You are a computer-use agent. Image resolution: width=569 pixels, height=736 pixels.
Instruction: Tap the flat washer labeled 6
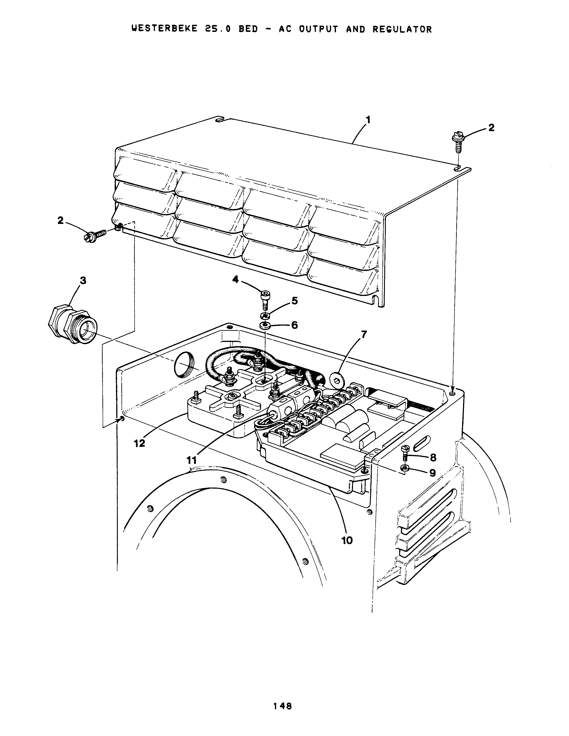click(265, 326)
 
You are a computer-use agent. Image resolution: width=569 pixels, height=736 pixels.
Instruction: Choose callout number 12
click(139, 443)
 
